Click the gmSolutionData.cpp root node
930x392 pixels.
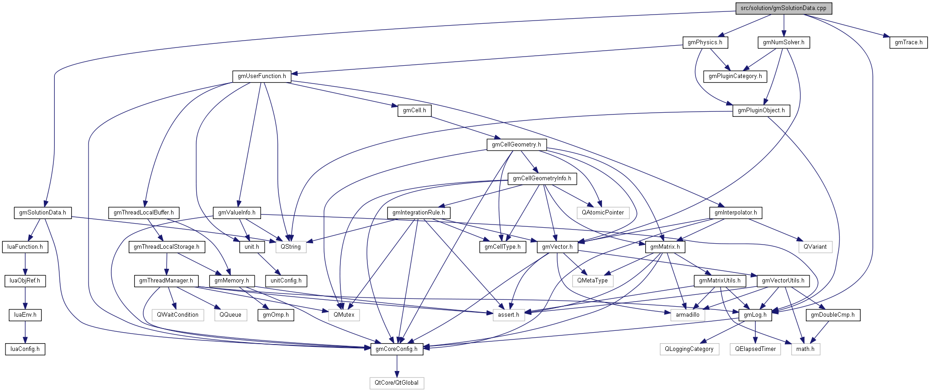coord(783,8)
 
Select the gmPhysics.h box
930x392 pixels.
coord(705,42)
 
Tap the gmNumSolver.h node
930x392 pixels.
coord(784,42)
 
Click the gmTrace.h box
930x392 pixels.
coord(908,42)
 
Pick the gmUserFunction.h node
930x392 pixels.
coord(261,76)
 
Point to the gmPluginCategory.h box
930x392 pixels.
coord(735,76)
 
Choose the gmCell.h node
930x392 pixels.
coord(414,110)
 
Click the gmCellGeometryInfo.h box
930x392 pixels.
coord(542,178)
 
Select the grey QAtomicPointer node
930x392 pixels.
coord(602,213)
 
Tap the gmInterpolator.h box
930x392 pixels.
coord(735,213)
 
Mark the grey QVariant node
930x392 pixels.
coord(815,247)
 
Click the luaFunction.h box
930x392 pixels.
coord(25,247)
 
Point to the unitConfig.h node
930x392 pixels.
coord(286,281)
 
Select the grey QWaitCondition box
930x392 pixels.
coord(178,315)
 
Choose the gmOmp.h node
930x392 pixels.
coord(276,315)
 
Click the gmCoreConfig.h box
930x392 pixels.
coord(396,349)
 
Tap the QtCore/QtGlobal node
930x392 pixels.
coord(396,383)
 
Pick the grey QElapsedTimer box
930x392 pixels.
coord(755,349)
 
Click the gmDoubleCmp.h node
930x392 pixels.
coord(832,315)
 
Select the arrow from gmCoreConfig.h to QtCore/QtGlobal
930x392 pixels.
coord(397,366)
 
